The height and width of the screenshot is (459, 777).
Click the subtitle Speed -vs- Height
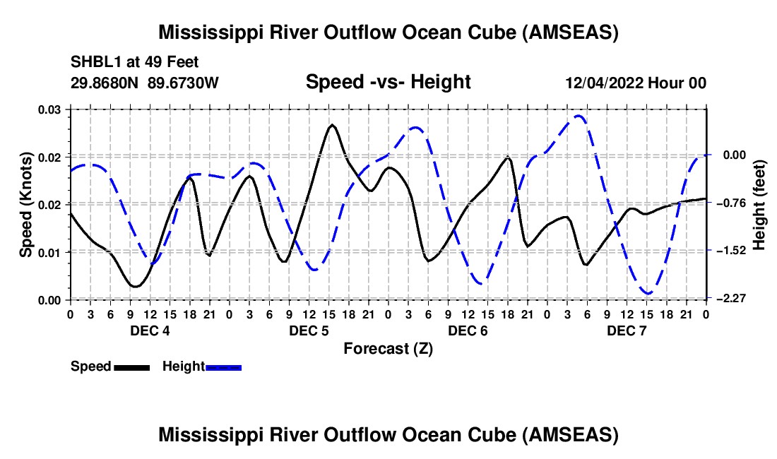(x=388, y=82)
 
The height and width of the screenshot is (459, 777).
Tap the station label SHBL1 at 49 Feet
(x=134, y=62)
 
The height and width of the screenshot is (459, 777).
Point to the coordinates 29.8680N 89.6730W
(x=144, y=83)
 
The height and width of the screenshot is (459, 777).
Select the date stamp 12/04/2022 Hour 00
(x=636, y=83)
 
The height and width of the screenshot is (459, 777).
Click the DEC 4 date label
(x=150, y=330)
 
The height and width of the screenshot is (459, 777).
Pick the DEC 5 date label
(x=309, y=330)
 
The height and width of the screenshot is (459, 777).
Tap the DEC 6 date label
(x=468, y=330)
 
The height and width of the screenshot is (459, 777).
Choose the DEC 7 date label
(x=627, y=330)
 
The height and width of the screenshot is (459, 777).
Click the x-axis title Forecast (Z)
(x=388, y=349)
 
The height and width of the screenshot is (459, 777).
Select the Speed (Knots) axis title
(x=25, y=205)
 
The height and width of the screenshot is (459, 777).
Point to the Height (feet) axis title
(x=759, y=205)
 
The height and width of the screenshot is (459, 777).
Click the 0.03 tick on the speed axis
(x=49, y=109)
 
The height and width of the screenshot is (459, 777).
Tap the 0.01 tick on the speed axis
(x=49, y=253)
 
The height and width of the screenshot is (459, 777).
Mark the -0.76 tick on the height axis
(x=732, y=203)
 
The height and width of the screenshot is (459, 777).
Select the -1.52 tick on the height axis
(x=732, y=251)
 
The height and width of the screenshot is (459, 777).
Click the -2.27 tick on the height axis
(x=732, y=298)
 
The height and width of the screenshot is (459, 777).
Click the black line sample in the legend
(x=132, y=367)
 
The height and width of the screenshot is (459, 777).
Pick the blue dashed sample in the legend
(x=223, y=367)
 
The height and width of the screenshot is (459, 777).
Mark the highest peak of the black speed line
(x=332, y=125)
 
